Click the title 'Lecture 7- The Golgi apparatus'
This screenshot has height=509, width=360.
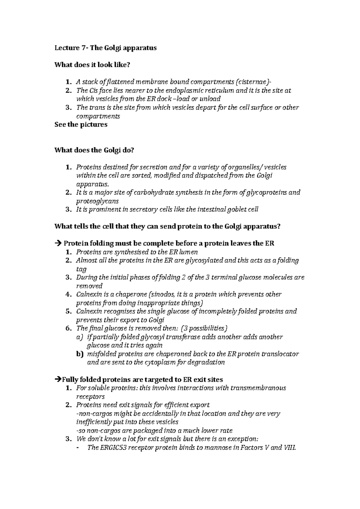point(105,48)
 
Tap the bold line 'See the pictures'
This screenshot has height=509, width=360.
point(81,124)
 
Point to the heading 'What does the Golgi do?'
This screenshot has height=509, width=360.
point(94,150)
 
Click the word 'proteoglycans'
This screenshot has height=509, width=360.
point(97,201)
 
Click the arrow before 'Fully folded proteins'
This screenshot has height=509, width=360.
point(58,380)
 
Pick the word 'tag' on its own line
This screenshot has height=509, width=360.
point(81,269)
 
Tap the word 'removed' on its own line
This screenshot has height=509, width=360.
point(89,286)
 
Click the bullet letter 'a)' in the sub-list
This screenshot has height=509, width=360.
point(79,337)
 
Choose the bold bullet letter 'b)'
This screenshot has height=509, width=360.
point(79,354)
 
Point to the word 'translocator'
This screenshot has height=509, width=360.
point(280,354)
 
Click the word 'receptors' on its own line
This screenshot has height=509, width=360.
point(90,397)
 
